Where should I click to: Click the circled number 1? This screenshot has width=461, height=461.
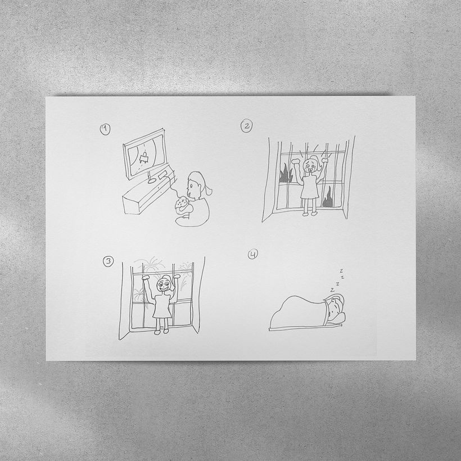click(x=105, y=129)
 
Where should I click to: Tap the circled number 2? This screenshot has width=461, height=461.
click(x=246, y=126)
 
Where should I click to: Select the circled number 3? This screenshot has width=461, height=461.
click(x=108, y=261)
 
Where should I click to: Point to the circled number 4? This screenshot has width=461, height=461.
click(x=253, y=254)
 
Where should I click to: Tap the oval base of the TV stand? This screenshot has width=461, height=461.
click(x=152, y=180)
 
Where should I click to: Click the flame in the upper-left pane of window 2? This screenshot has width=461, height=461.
click(x=285, y=175)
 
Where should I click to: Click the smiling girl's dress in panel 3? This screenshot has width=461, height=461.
click(x=162, y=306)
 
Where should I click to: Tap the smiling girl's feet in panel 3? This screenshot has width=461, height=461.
click(x=162, y=332)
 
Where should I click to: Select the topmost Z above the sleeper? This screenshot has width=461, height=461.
click(x=341, y=270)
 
